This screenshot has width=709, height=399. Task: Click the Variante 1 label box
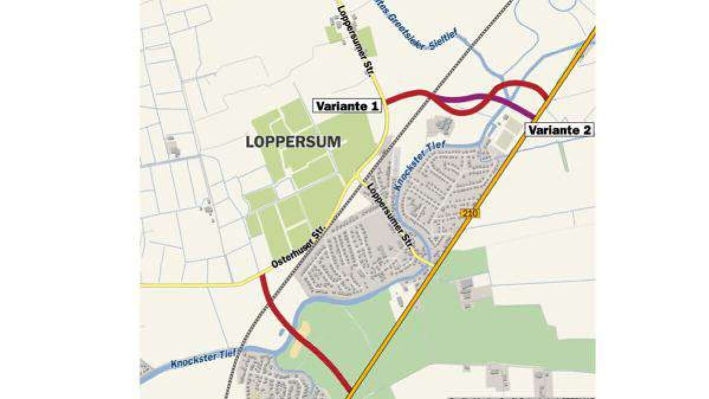347,106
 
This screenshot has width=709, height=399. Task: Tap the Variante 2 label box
559,130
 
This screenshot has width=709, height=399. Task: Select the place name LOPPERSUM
293,142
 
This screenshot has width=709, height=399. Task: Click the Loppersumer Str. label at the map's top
354,40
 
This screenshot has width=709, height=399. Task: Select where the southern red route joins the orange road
349,390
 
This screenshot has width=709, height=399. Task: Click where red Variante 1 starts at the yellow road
387,105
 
